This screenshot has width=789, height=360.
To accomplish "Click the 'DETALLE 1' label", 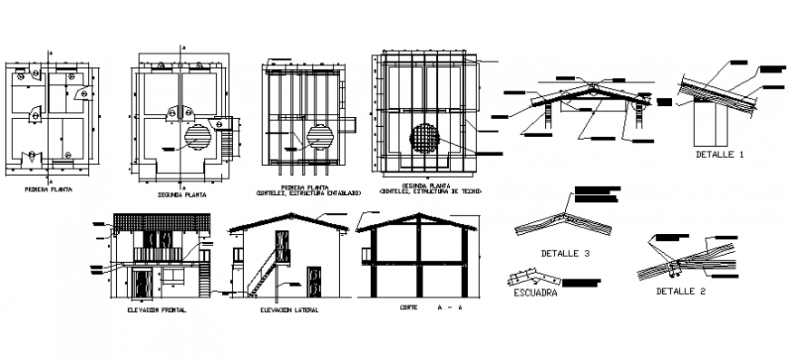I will click(x=719, y=155).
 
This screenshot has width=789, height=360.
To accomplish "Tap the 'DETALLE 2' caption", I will click(x=681, y=291).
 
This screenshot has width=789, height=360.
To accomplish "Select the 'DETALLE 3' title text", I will click(x=565, y=252).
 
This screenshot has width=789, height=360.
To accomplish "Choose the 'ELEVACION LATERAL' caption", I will click(x=288, y=310).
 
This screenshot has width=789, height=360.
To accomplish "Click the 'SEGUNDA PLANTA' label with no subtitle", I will click(x=181, y=193).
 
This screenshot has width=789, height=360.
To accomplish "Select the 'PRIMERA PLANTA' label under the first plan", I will click(x=49, y=190).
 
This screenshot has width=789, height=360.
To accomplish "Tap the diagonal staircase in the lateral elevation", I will click(x=262, y=271).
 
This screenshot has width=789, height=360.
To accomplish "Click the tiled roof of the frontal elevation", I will click(x=161, y=222).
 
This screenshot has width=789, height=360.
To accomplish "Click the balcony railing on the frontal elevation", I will click(x=161, y=253).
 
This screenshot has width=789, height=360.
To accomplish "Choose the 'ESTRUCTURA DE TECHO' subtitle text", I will click(x=431, y=192).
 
